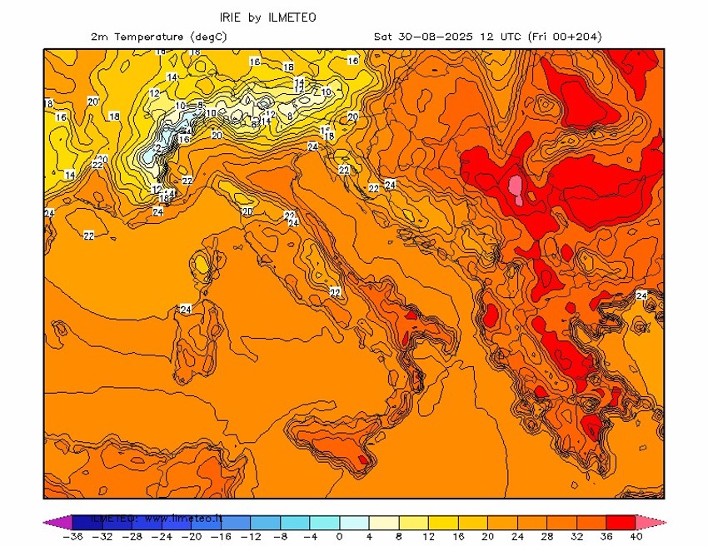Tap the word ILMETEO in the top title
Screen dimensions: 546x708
click(x=291, y=17)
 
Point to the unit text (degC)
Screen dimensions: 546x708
click(x=208, y=37)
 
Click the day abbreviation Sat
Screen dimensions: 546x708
click(x=383, y=37)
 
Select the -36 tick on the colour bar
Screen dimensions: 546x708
click(x=74, y=537)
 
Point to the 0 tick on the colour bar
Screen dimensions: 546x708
click(x=339, y=537)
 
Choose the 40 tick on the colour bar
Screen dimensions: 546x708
click(x=637, y=537)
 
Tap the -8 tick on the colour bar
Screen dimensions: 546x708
click(x=280, y=537)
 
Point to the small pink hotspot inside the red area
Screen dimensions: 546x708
click(x=516, y=189)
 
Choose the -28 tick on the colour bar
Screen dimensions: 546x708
click(x=132, y=537)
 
